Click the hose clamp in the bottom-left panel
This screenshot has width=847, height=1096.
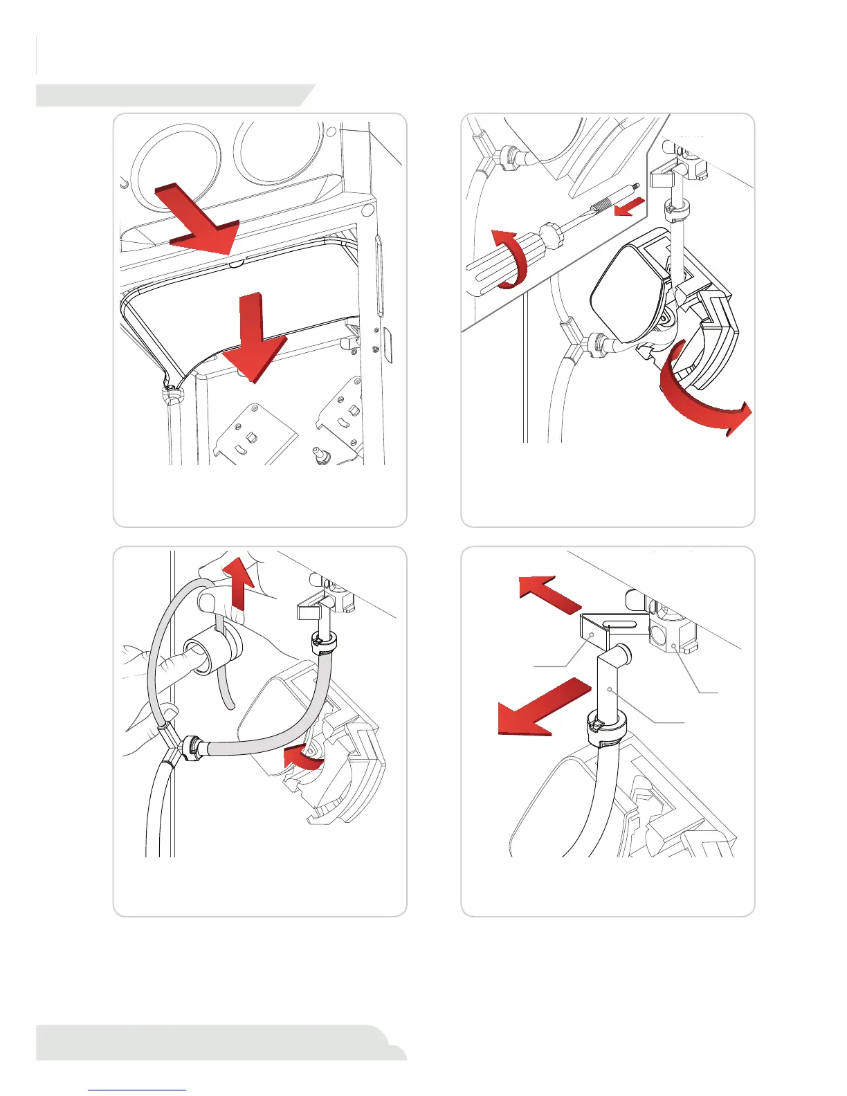[321, 641]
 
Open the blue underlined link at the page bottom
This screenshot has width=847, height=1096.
[138, 1090]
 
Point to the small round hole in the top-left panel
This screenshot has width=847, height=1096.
[332, 131]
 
